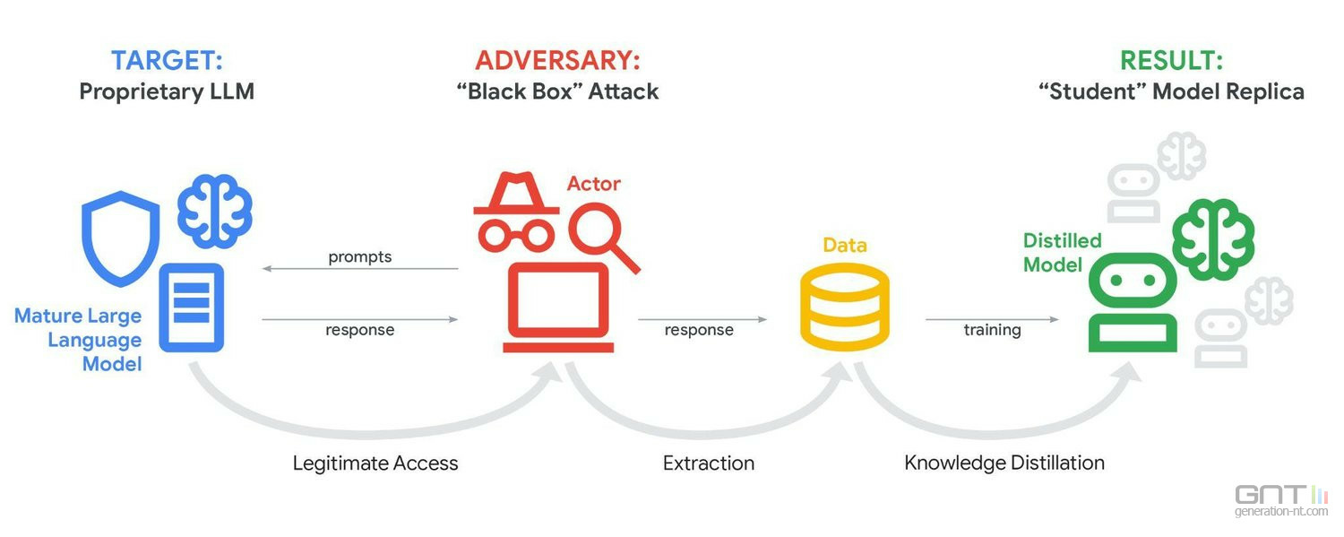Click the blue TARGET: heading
pos(167,61)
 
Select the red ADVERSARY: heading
pos(557,61)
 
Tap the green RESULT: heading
pos(1171,61)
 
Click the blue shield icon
pos(120,237)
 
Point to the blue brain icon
pos(214,211)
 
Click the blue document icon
pos(191,307)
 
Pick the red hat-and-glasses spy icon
pos(515,212)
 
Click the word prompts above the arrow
pos(360,257)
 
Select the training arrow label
pos(992,330)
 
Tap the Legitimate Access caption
pos(375,463)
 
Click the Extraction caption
pos(709,463)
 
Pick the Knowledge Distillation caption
pos(1004,463)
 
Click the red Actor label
pos(593,184)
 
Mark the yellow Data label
pos(845,245)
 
